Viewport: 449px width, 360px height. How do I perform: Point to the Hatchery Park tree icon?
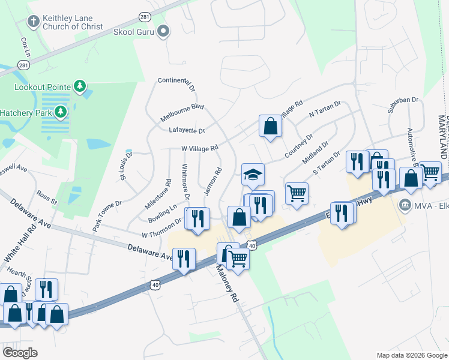coord(60,112)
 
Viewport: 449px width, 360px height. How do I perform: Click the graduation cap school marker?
coord(253,175)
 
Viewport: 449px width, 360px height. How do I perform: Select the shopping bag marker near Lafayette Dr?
coord(270,126)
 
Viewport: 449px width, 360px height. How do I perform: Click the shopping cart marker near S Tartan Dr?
coord(296,194)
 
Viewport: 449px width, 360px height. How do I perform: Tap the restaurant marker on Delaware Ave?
coord(184,259)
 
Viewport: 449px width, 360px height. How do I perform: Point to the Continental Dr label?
coord(176,85)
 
